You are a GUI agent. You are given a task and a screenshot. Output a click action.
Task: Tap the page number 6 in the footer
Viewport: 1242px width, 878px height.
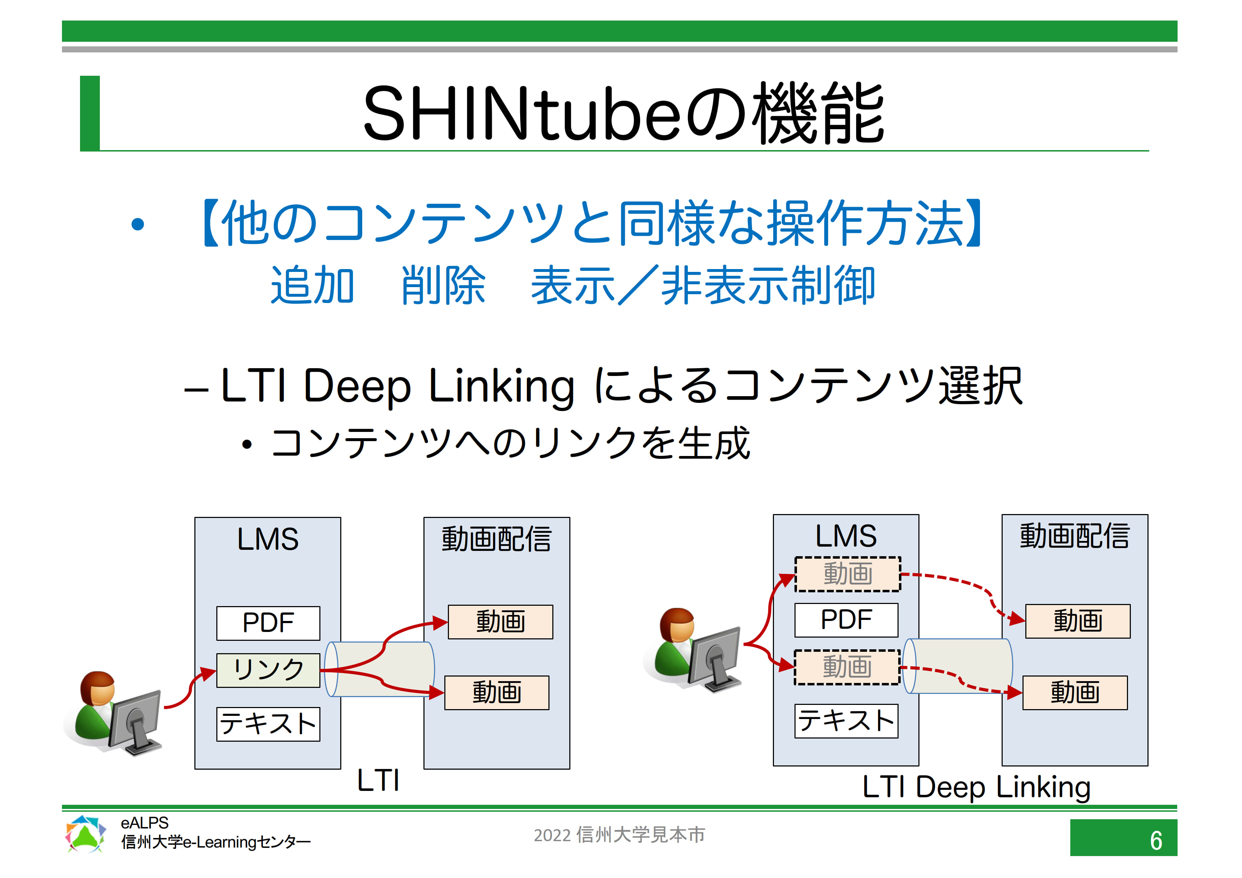coord(1156,840)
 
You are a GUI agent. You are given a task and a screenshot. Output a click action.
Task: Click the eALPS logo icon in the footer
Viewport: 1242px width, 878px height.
coord(85,834)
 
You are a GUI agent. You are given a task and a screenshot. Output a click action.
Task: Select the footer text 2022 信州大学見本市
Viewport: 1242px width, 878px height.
coord(619,835)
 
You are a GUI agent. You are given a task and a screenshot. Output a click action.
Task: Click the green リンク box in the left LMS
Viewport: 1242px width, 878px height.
coord(268,670)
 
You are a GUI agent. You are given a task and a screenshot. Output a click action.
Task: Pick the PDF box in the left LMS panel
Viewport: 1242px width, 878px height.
coord(268,623)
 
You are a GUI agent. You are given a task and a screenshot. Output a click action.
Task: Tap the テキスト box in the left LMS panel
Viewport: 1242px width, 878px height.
coord(268,724)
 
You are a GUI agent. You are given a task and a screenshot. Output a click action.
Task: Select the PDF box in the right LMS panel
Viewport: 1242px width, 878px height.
coord(846,620)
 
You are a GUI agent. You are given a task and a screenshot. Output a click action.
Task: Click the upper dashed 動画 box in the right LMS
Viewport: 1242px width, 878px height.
coord(848,574)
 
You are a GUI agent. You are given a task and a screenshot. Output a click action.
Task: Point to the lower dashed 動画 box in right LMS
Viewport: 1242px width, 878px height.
coord(847,667)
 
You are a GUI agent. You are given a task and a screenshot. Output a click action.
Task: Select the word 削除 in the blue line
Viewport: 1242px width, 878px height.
coord(443,285)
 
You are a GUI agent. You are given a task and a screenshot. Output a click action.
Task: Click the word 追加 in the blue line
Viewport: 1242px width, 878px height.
coord(312,285)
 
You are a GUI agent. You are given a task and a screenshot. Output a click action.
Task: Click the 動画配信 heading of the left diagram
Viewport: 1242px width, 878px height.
coord(497,539)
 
